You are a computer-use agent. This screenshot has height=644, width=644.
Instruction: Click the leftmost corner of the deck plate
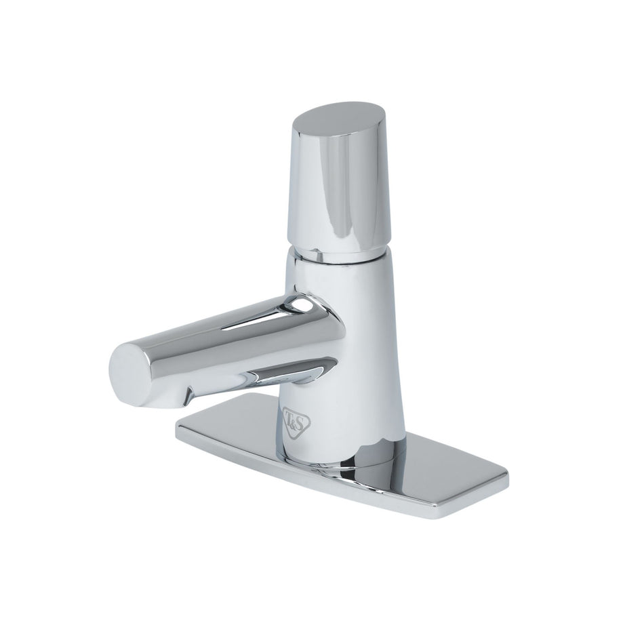178,426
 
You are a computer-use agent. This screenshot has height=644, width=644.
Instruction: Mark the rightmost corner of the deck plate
506,480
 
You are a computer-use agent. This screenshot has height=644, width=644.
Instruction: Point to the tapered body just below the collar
339,285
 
